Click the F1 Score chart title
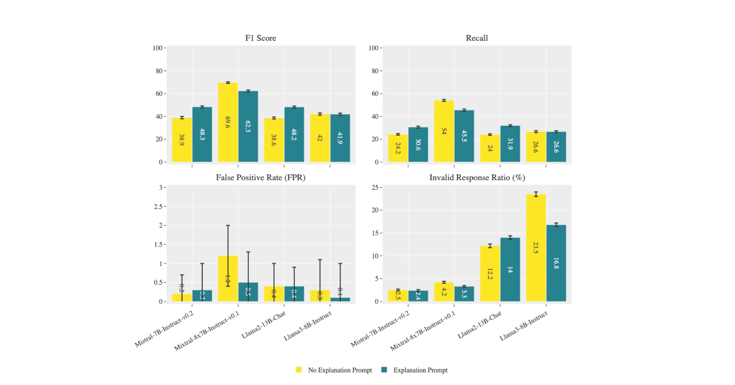tap(261, 38)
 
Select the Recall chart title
tap(476, 38)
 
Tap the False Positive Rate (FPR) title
tap(261, 178)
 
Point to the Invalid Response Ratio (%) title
tap(477, 178)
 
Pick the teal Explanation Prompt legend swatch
tap(384, 370)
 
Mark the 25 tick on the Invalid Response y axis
tap(375, 188)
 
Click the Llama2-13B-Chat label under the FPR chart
tap(264, 325)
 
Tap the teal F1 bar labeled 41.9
tap(340, 138)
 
